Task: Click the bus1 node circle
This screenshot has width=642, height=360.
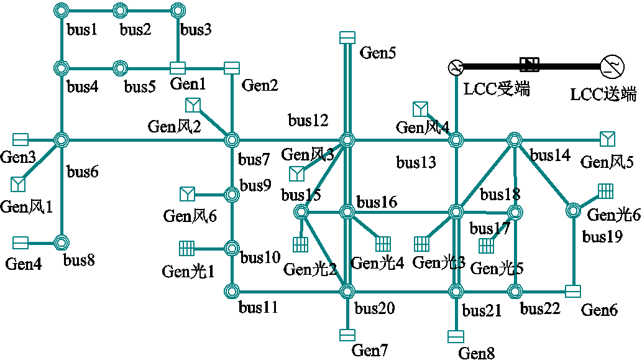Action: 61,11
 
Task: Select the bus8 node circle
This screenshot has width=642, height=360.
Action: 61,242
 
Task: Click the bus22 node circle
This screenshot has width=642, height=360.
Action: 515,290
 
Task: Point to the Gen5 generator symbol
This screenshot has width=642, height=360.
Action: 347,38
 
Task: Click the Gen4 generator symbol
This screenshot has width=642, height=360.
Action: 21,242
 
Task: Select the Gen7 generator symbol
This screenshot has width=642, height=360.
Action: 347,335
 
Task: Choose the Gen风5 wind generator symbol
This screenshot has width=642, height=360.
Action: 607,138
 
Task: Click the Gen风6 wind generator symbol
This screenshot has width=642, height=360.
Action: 186,194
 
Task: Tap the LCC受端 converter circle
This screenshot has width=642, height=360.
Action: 456,66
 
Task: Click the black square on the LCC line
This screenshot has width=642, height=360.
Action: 530,63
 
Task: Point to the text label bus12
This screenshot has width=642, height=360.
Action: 308,119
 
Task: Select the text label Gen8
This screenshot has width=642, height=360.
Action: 477,353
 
